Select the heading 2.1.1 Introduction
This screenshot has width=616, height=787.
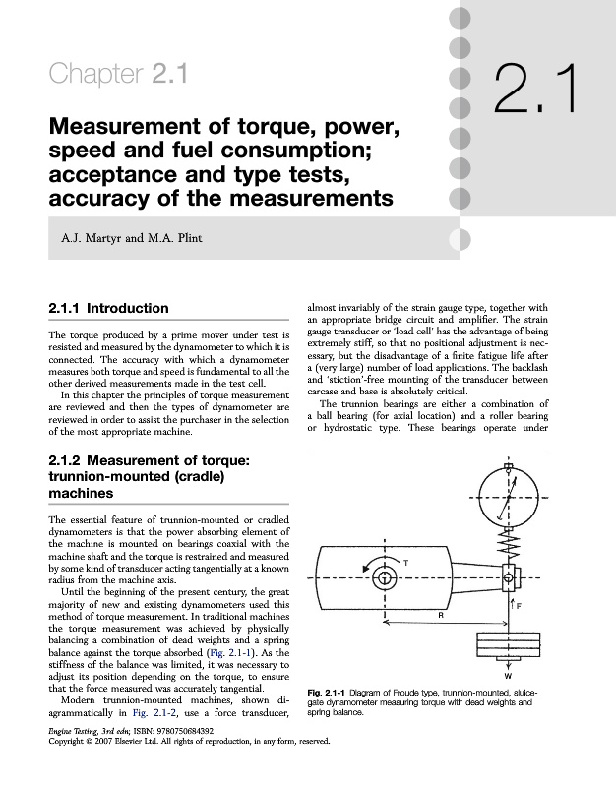(108, 309)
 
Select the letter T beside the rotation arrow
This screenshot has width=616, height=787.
(406, 561)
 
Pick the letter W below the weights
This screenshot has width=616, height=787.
(509, 677)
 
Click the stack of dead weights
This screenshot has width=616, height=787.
(509, 648)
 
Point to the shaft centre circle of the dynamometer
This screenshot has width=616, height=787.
(384, 575)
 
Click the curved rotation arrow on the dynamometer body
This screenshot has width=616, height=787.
(371, 573)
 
